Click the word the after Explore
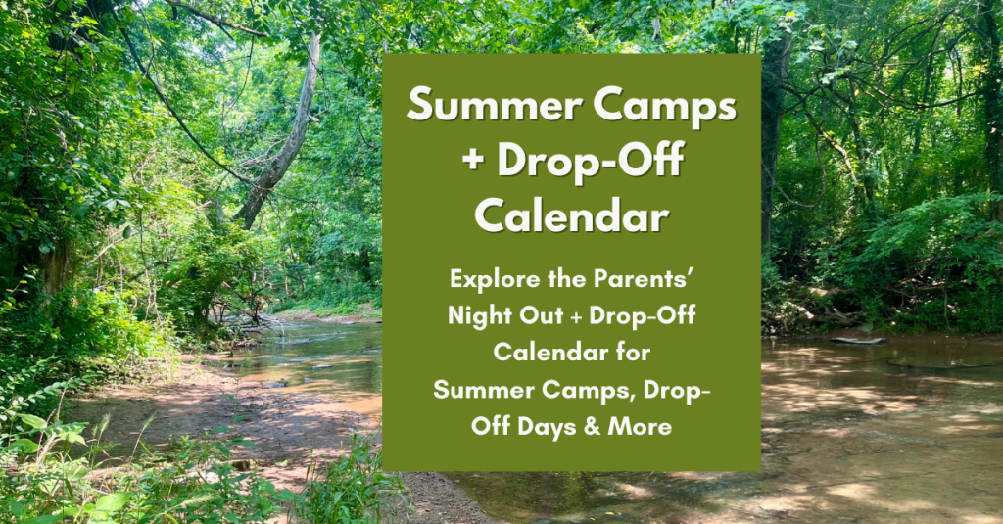(555, 279)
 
